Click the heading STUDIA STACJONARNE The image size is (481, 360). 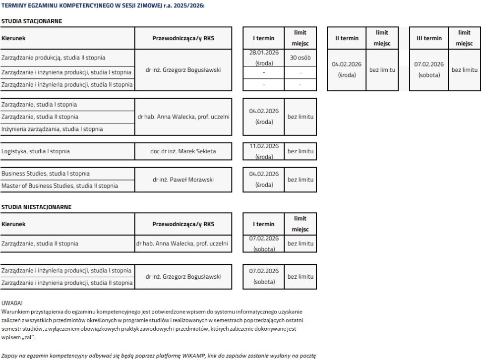coord(31,21)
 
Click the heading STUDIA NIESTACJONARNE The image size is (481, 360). coord(36,206)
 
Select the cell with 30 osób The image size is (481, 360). coord(301,58)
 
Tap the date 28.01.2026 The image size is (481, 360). coord(264,52)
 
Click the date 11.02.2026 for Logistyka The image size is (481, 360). coord(264,146)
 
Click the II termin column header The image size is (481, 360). coord(347,38)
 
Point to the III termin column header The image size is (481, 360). coord(429,38)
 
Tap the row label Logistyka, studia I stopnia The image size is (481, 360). coord(36,151)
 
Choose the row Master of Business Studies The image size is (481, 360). coord(60,186)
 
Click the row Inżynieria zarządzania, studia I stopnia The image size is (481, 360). coord(52,129)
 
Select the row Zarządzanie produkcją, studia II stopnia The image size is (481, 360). coord(54,58)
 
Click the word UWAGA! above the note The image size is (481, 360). coord(12,302)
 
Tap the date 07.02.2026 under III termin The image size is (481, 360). coord(429,64)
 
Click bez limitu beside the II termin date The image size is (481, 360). coord(382,70)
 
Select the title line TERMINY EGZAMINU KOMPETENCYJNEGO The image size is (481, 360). coord(103,5)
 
